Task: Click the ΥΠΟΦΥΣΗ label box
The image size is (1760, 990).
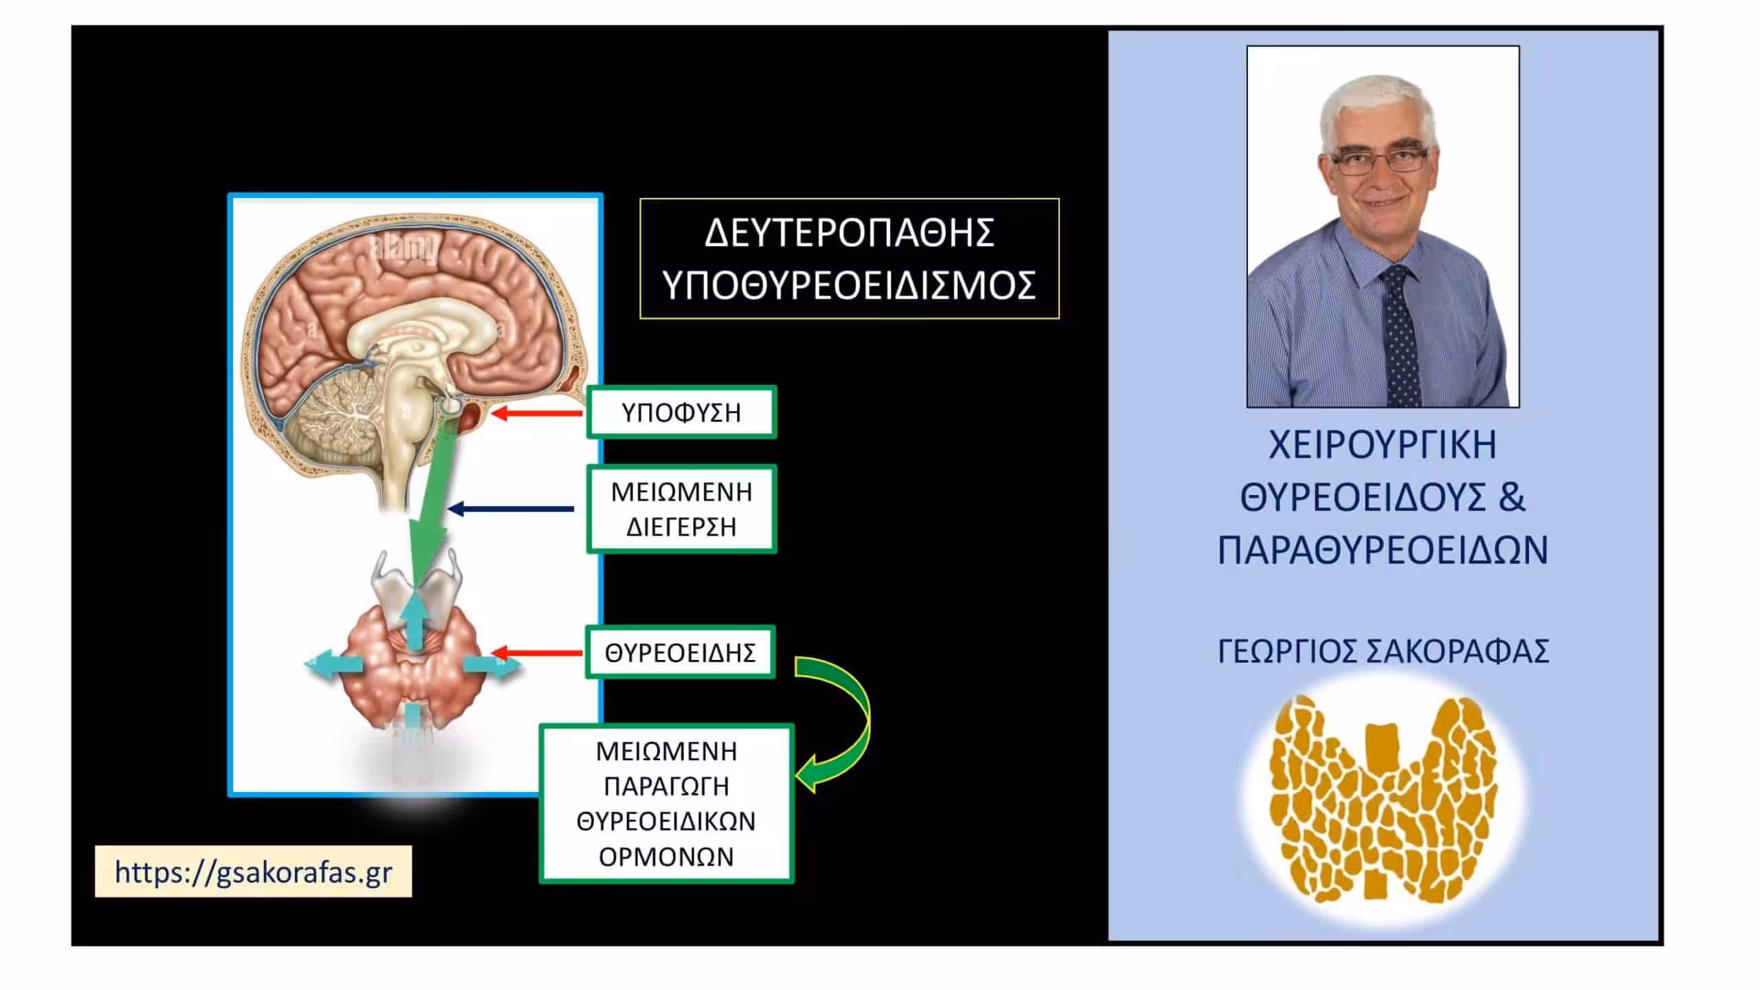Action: tap(681, 412)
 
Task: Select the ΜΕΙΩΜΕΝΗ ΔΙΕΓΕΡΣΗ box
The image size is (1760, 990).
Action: tap(681, 509)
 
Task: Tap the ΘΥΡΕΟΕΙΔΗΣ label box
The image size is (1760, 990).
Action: tap(680, 652)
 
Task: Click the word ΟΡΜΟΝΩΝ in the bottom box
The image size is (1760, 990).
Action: tap(666, 857)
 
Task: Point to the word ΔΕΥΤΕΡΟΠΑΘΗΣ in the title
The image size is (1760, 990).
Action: tap(850, 232)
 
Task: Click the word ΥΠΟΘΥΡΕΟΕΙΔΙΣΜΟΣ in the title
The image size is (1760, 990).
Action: tap(850, 285)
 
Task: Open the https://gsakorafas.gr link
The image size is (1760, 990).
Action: tap(253, 872)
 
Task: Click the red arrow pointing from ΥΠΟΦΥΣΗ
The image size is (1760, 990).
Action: tap(536, 413)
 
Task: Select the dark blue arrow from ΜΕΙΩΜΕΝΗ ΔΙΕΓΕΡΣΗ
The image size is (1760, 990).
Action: tap(511, 509)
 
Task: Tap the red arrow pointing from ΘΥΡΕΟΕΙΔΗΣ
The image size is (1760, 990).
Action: tap(537, 652)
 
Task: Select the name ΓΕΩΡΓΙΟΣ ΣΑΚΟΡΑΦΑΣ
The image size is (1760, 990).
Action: tap(1383, 651)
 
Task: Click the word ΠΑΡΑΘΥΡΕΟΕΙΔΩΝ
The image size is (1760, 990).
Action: tap(1383, 550)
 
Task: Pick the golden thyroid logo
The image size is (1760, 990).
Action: tap(1383, 799)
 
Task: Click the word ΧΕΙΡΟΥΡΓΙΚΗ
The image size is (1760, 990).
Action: tap(1383, 445)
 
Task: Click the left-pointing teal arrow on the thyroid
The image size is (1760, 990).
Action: tap(333, 663)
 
